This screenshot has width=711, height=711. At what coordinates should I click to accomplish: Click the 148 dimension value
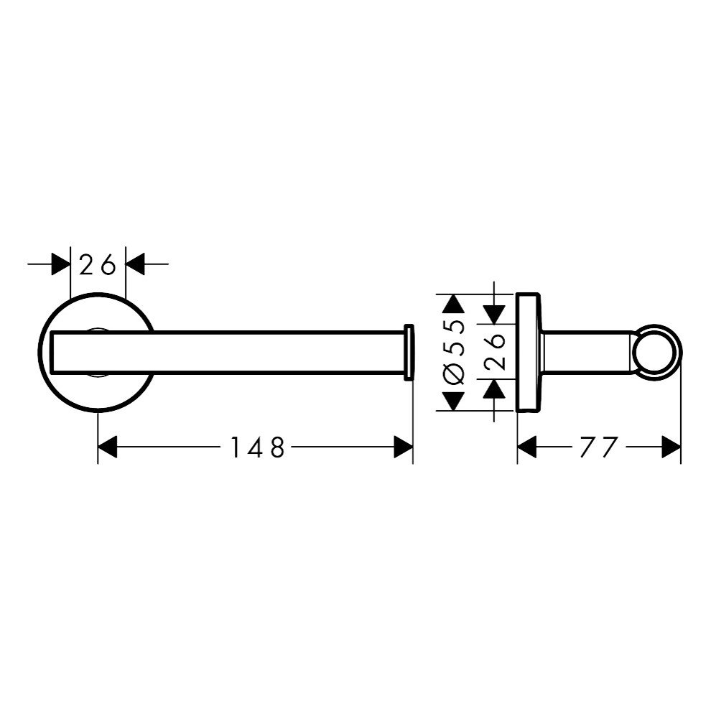point(258,447)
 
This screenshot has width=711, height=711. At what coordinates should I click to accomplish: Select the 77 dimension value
point(598,447)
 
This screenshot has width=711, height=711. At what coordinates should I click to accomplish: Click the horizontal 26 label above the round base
point(98,264)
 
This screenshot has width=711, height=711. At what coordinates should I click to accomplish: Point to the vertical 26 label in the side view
point(495,352)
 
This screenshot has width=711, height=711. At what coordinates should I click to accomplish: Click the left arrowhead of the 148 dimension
point(108,447)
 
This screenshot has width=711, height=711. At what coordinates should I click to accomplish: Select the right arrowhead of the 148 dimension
point(403,447)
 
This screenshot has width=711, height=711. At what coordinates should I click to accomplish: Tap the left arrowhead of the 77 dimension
point(527,447)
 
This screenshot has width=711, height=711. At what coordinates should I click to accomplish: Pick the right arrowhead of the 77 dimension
point(671,447)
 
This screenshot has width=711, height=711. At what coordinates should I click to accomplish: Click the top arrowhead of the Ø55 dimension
point(455,304)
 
